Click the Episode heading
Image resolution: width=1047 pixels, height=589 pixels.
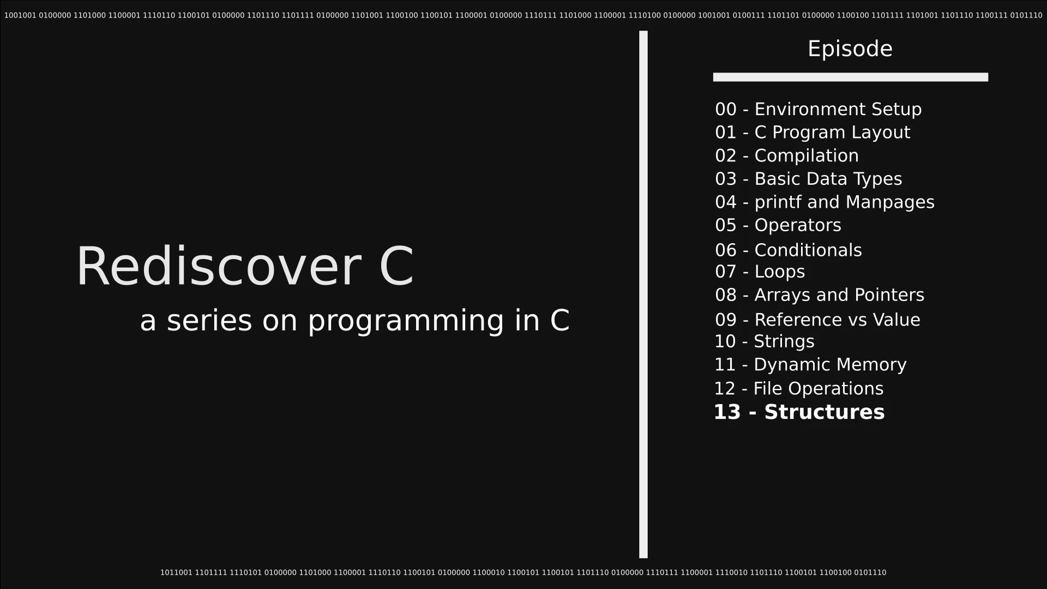(x=850, y=49)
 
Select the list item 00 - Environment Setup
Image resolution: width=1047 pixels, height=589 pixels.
(x=818, y=109)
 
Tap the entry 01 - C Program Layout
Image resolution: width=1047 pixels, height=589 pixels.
(x=813, y=133)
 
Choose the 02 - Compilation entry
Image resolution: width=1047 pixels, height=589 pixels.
(x=786, y=156)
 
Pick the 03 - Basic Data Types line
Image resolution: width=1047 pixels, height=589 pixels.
(x=808, y=179)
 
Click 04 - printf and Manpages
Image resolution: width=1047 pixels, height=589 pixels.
(x=825, y=202)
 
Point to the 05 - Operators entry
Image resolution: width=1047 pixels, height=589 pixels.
(x=778, y=225)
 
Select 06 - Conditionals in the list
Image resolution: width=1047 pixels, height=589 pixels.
(x=788, y=250)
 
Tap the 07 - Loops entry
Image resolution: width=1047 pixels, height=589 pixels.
(x=760, y=272)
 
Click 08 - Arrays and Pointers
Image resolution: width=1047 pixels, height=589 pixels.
(x=820, y=295)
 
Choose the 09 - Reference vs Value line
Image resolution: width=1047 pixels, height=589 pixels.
(x=817, y=320)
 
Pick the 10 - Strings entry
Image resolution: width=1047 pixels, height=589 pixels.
(x=764, y=342)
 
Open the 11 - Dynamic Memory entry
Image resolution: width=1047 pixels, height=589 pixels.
(x=810, y=365)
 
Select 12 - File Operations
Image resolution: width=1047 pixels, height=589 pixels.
(x=798, y=389)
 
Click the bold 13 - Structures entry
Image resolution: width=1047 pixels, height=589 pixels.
(x=799, y=412)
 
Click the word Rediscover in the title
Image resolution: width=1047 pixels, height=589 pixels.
(x=218, y=266)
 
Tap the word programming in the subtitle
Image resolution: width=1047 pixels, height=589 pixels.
(x=406, y=321)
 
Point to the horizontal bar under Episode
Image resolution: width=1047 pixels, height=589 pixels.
(x=850, y=77)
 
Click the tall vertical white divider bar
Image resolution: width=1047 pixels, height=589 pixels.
(x=643, y=294)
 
